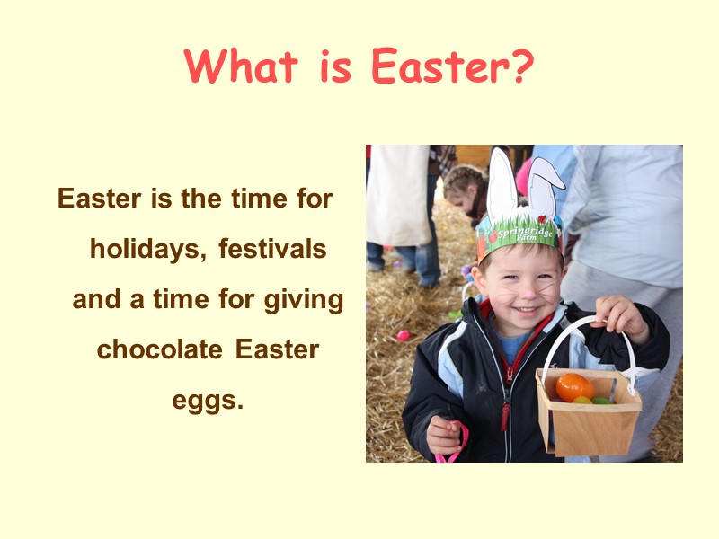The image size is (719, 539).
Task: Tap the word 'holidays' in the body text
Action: (146, 249)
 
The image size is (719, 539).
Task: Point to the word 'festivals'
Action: (272, 249)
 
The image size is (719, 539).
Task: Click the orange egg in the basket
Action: (573, 387)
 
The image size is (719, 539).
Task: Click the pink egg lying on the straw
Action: (403, 335)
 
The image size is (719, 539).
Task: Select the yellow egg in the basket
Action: (582, 400)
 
